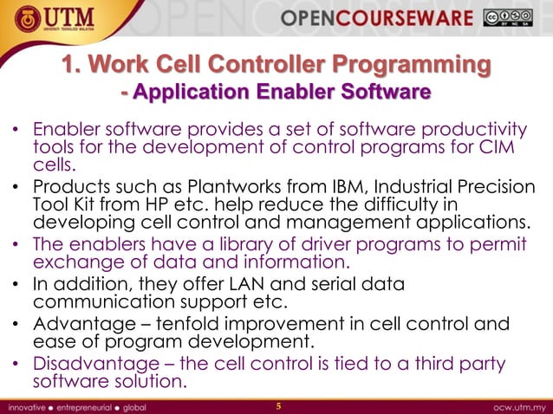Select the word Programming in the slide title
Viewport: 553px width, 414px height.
pyautogui.click(x=409, y=65)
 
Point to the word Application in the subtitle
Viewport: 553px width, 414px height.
pyautogui.click(x=192, y=91)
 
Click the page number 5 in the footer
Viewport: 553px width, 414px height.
pyautogui.click(x=278, y=405)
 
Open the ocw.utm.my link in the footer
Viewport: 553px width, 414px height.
pyautogui.click(x=516, y=405)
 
